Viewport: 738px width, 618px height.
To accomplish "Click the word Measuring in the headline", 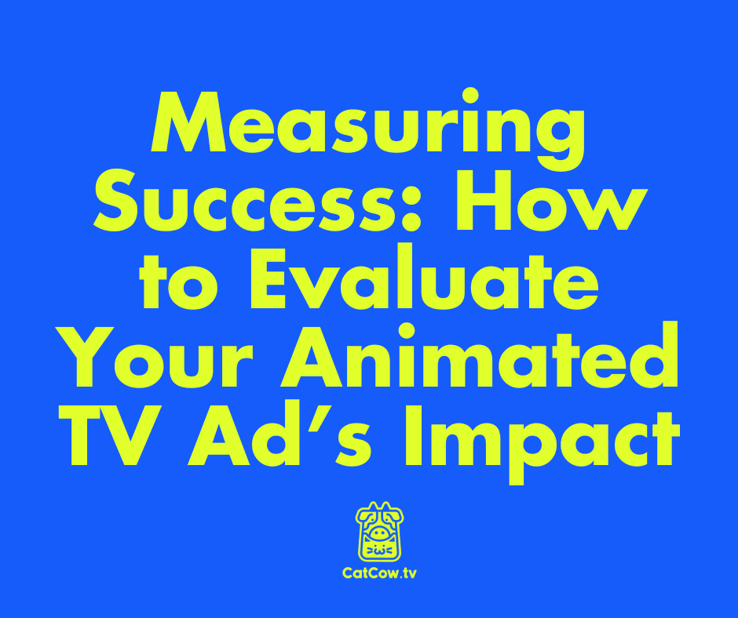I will tap(368, 129).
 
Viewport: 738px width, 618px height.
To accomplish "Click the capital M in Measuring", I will tap(187, 129).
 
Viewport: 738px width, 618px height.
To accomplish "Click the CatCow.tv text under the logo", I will tap(378, 573).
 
